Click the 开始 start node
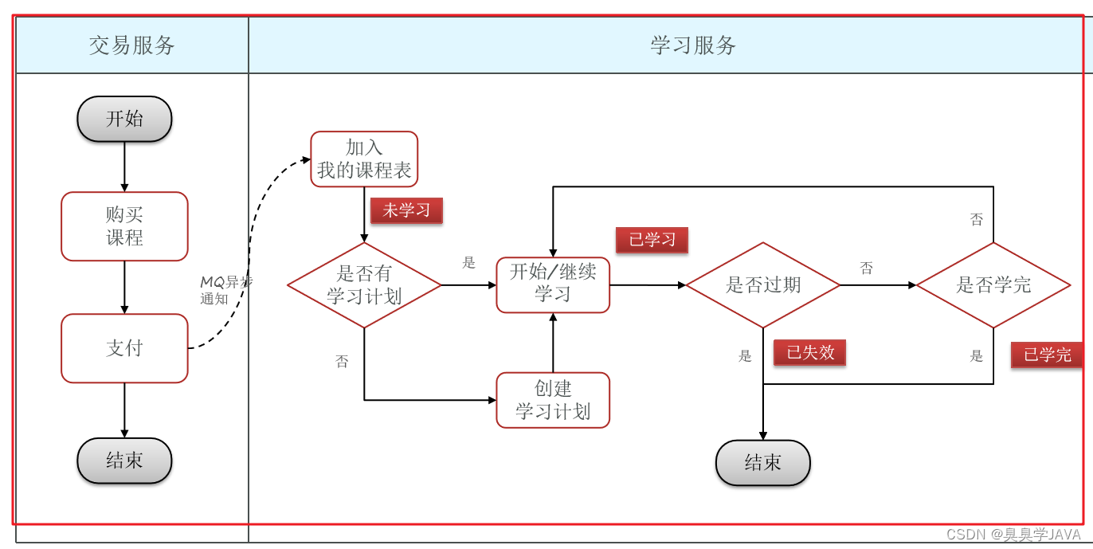coord(124,119)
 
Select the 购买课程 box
coord(124,226)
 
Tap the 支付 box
coord(124,348)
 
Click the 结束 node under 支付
coord(124,461)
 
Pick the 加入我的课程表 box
coord(364,159)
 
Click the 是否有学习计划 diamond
coord(364,285)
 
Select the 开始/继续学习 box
coord(553,284)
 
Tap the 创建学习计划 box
coord(553,400)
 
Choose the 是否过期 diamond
coord(763,285)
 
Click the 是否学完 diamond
coord(993,285)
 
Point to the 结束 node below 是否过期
coord(763,463)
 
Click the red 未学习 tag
coord(406,210)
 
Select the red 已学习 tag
coord(652,240)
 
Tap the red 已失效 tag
coord(809,352)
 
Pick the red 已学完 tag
coord(1047,355)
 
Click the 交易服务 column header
coord(132,45)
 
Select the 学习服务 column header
coord(693,45)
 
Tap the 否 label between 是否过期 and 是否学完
coord(867,269)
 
